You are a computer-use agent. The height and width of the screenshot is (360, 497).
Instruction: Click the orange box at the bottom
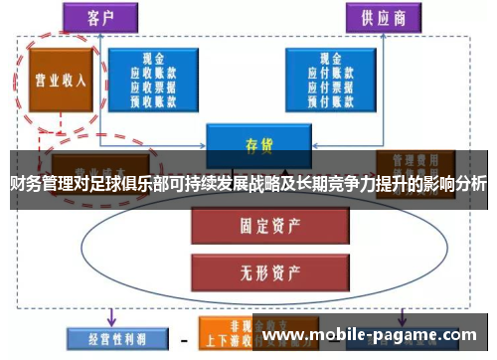coord(230,336)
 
